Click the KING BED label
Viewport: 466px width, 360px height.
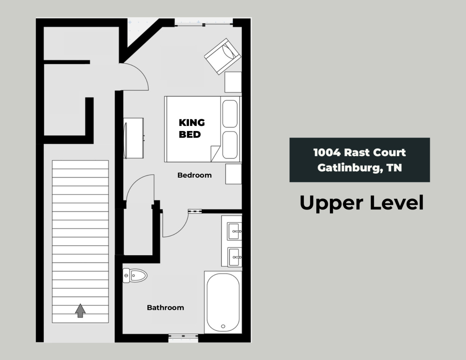pos(192,128)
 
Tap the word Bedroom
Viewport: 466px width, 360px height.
pos(194,175)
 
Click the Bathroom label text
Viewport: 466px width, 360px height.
pos(165,308)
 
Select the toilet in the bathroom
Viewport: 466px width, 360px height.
pos(135,276)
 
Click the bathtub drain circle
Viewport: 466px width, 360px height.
pos(223,327)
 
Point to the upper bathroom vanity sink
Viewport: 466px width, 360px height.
pos(234,232)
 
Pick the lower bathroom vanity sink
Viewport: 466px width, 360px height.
pos(234,257)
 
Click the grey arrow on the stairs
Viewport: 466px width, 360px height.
pos(80,310)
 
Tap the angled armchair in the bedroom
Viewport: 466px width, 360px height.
pos(222,56)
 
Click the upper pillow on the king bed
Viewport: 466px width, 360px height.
pos(230,114)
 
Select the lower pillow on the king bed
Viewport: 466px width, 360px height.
pos(230,145)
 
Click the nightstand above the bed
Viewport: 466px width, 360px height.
pos(233,82)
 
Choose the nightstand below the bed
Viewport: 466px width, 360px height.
pos(233,174)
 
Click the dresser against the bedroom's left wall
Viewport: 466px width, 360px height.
pos(133,138)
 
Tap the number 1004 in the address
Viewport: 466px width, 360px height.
pos(327,153)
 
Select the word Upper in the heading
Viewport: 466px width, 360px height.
pos(331,203)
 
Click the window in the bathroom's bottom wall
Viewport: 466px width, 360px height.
pos(183,338)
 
